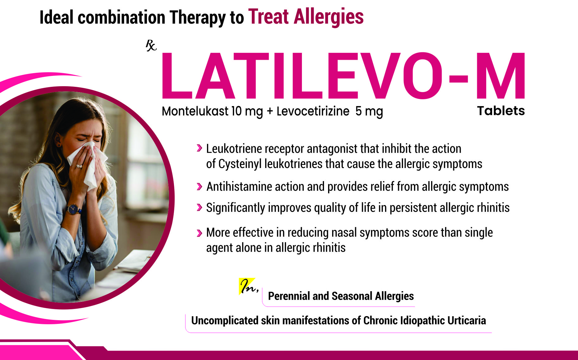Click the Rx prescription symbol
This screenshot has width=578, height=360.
click(151, 46)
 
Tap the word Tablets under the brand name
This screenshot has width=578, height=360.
click(501, 111)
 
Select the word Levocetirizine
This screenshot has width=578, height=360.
click(313, 111)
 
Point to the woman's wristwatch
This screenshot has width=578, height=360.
click(73, 209)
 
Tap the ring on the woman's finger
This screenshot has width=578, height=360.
click(79, 166)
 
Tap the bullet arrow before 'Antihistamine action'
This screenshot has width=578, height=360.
click(199, 186)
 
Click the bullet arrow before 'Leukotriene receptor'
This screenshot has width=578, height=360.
click(199, 148)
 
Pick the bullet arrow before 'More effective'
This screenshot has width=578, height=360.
click(199, 233)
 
